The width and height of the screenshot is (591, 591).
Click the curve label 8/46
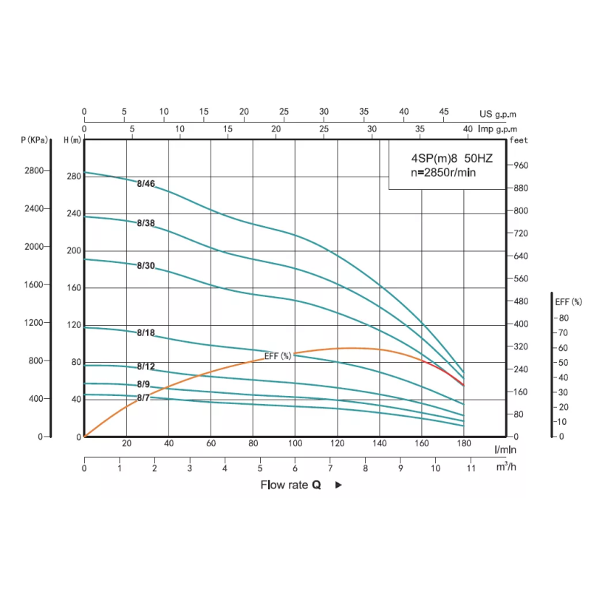(x=146, y=183)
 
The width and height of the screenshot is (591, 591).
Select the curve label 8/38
(x=146, y=222)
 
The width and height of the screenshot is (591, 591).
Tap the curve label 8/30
(x=146, y=266)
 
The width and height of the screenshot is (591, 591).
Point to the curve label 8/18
(x=146, y=332)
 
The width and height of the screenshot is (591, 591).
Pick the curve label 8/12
(x=146, y=366)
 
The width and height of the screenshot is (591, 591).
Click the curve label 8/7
(x=143, y=398)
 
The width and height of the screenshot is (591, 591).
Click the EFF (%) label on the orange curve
(x=278, y=356)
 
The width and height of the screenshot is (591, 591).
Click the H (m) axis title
(x=73, y=140)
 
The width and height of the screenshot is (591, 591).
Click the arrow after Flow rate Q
(x=338, y=485)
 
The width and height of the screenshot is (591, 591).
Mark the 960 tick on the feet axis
(x=521, y=165)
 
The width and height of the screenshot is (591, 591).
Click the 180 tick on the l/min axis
(x=464, y=443)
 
